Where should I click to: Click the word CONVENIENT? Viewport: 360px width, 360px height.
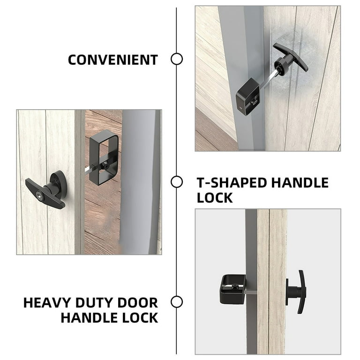point(112,60)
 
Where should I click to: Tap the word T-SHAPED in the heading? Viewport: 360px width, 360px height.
point(232,183)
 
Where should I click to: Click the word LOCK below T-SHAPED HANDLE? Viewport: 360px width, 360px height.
point(215,198)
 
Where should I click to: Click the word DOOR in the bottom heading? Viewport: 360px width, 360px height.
point(138,303)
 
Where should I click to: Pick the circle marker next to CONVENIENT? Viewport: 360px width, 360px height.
point(177,59)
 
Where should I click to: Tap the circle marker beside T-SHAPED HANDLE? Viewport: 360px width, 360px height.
point(177,182)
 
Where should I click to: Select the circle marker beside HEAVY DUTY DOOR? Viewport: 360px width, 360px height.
point(177,302)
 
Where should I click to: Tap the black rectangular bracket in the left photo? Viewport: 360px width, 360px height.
point(103,157)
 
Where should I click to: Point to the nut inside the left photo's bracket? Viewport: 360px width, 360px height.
point(105,165)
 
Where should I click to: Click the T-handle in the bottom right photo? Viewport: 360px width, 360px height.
point(296,292)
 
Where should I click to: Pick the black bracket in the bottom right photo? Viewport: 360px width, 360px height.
point(232,289)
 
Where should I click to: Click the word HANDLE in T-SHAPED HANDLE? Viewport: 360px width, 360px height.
point(300,183)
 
